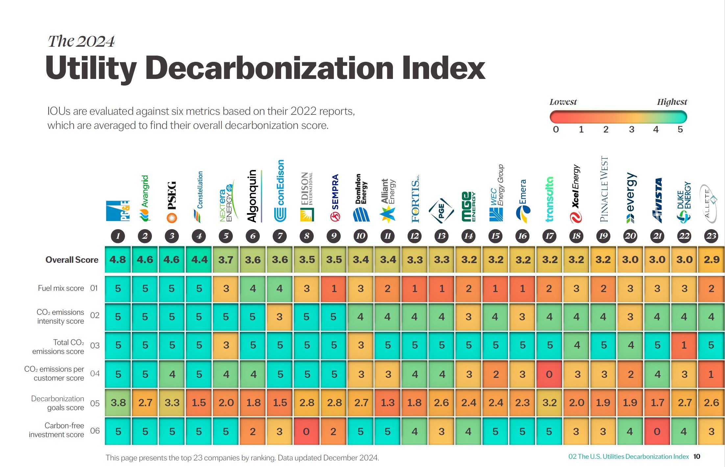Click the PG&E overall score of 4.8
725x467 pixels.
118,259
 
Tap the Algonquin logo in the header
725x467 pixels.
253,196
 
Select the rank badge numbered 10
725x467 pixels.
361,236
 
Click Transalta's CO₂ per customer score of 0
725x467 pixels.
549,374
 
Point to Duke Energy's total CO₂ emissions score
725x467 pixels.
684,345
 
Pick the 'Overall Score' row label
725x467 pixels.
72,260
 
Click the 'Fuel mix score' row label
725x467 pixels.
61,288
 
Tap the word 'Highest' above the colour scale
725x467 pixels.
672,102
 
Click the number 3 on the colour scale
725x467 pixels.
632,130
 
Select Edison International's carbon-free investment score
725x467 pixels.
306,431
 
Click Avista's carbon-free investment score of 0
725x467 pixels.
657,431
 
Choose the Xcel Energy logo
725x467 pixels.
576,194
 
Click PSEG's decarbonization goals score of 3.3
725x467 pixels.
172,403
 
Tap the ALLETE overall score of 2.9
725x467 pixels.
711,259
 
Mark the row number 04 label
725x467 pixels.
95,374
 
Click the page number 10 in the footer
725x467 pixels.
696,456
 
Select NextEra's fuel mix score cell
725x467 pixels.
226,288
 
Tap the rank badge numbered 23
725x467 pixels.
711,236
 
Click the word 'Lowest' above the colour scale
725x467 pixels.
563,102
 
